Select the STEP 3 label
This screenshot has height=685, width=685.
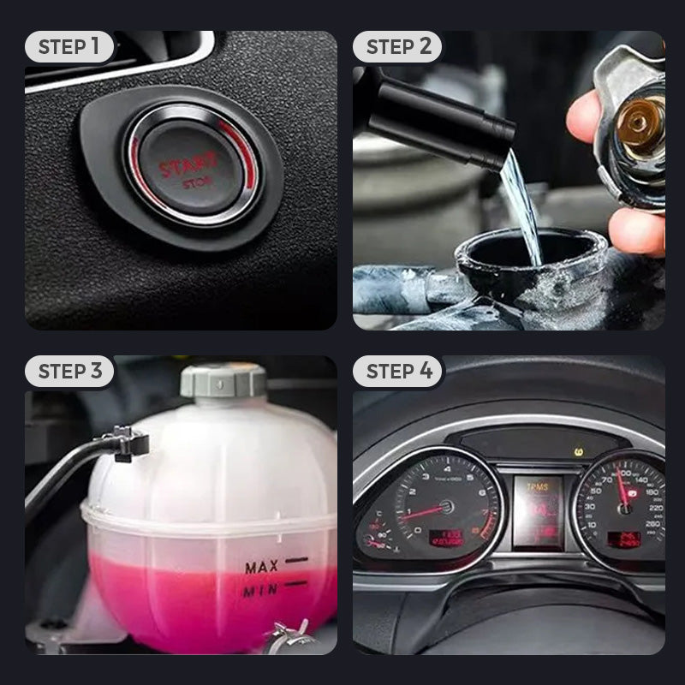coord(69,372)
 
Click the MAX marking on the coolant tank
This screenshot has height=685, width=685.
coord(261,566)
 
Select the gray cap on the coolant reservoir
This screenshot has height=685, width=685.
coord(223,379)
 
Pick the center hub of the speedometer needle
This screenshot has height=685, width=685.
coord(626,507)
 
